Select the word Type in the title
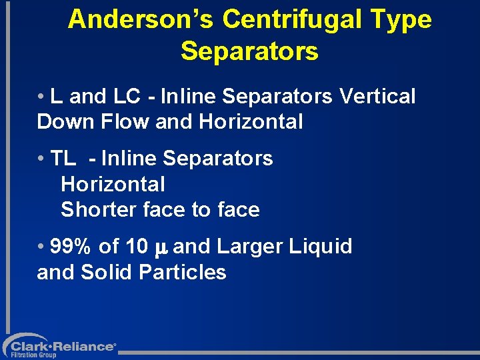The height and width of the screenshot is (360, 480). (x=401, y=20)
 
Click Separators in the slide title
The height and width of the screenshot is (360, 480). (x=249, y=51)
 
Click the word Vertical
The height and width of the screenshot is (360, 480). (x=377, y=97)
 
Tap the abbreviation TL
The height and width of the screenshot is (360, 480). (x=63, y=159)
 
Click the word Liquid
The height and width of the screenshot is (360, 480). (x=321, y=247)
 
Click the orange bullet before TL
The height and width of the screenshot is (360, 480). (x=41, y=159)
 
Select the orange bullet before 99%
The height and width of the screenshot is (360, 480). (x=41, y=247)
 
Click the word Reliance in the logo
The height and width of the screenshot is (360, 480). (x=87, y=346)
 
